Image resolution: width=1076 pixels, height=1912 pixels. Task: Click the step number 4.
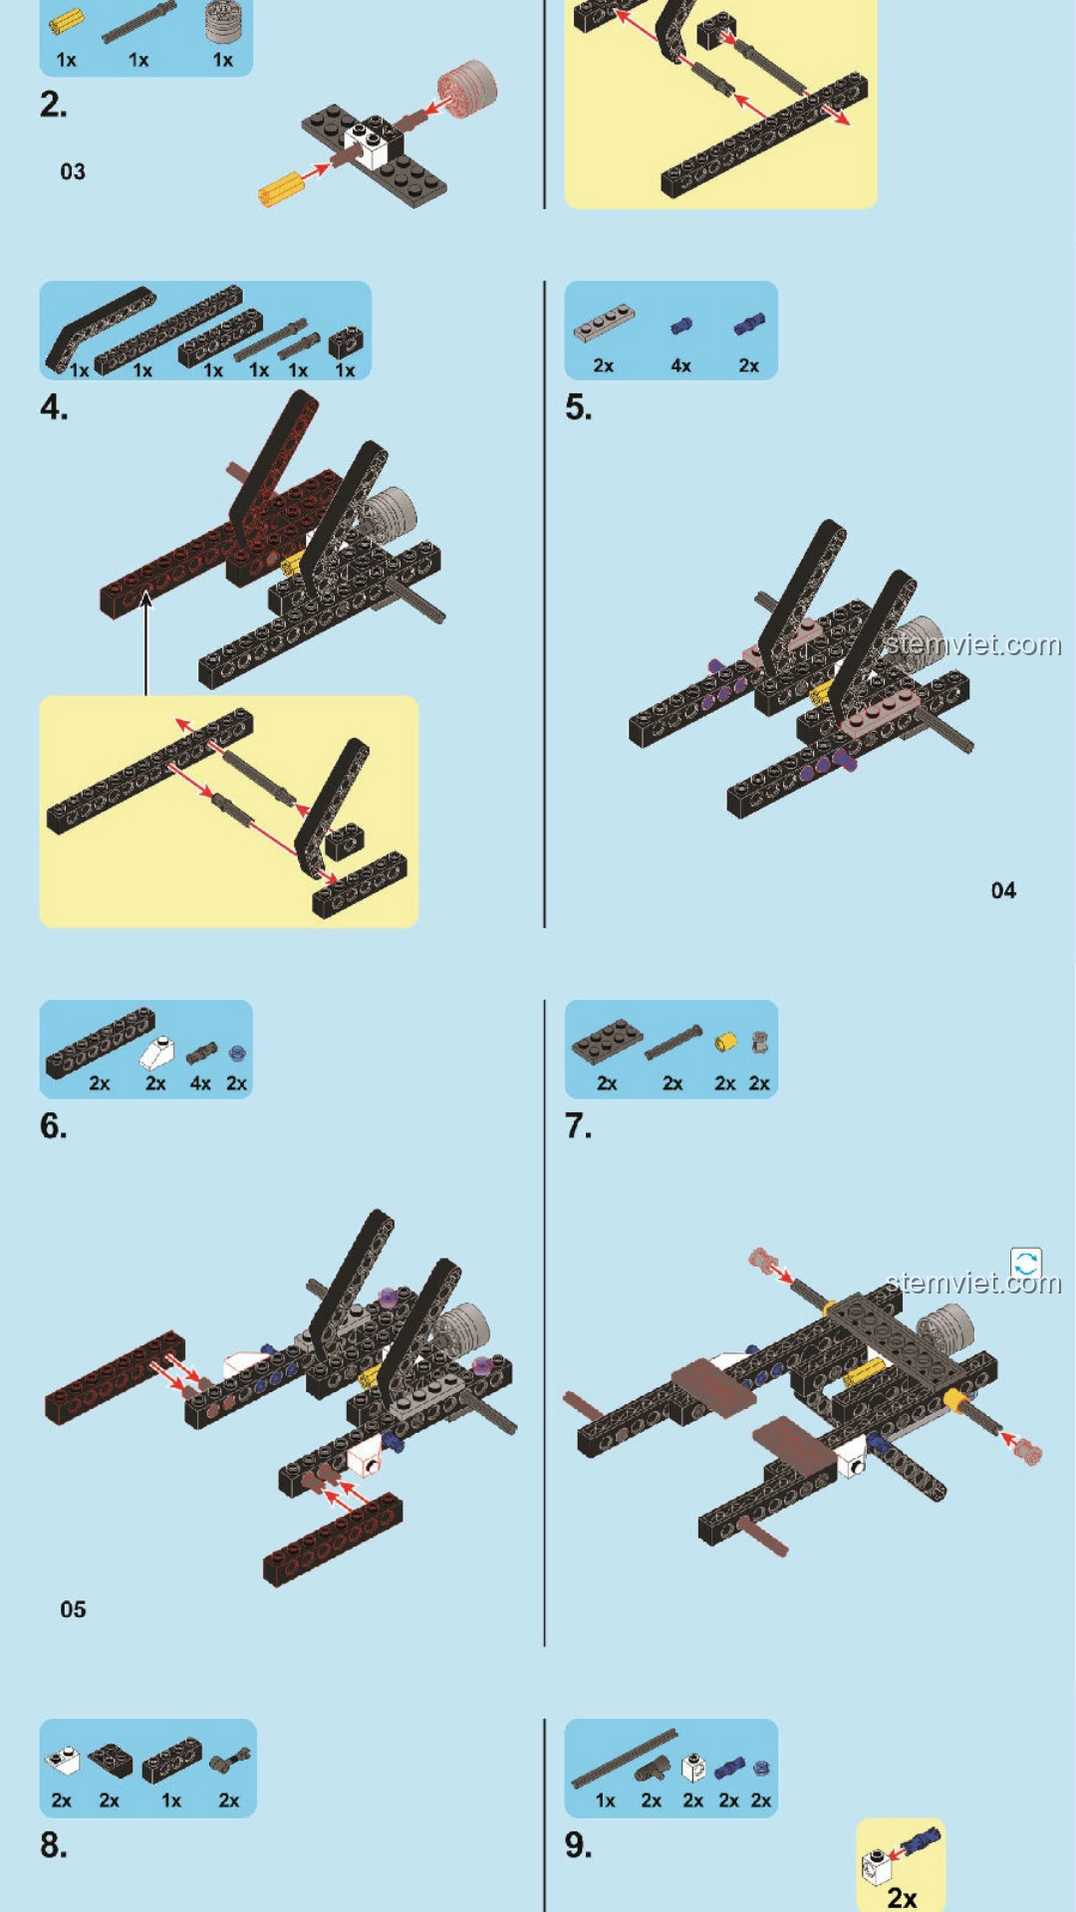tap(54, 407)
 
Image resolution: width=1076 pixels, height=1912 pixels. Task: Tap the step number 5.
tap(578, 407)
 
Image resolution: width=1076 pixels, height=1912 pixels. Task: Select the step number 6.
tap(53, 1125)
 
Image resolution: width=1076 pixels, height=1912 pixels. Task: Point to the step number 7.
tap(578, 1125)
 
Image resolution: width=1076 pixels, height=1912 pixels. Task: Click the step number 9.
tap(578, 1844)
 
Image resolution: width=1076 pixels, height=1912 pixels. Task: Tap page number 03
tap(73, 171)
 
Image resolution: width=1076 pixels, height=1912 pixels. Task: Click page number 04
tap(1003, 890)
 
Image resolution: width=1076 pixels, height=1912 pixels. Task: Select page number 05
tap(73, 1609)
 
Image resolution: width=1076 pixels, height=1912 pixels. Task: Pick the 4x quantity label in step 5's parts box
tap(680, 365)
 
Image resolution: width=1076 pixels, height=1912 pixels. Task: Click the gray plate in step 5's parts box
tap(604, 323)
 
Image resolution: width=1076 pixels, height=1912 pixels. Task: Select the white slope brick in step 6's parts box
tap(156, 1052)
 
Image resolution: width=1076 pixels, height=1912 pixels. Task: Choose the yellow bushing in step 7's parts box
tap(725, 1042)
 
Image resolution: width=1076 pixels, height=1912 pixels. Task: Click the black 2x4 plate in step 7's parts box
tap(607, 1041)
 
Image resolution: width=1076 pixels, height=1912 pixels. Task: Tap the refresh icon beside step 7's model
tap(1026, 1264)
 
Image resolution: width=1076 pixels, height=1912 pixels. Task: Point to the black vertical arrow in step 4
tap(146, 643)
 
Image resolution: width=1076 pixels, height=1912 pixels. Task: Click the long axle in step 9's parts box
tap(624, 1759)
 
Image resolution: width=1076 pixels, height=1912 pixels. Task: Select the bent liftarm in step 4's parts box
tap(100, 329)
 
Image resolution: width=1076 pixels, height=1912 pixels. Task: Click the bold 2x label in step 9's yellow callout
tap(902, 1898)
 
